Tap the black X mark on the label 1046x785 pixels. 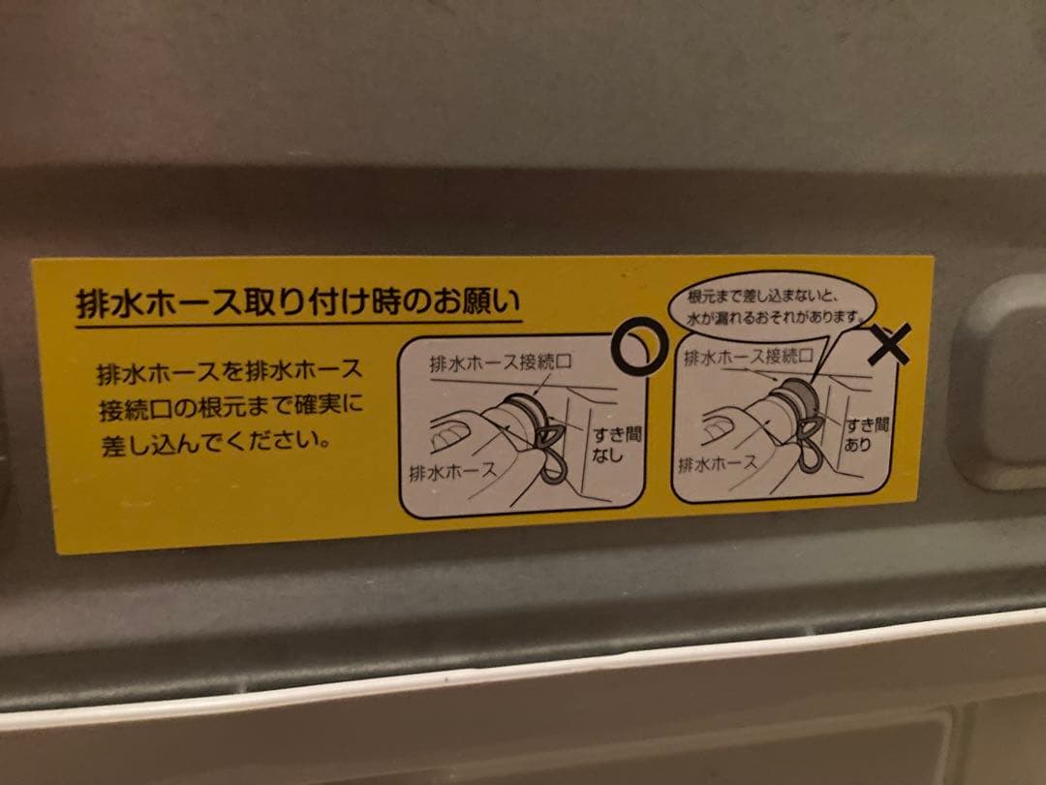point(888,345)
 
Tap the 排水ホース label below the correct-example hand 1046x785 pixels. point(452,473)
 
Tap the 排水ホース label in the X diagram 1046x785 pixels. point(718,463)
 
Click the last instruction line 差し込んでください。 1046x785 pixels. point(214,446)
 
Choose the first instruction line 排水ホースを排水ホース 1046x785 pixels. point(230,371)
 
